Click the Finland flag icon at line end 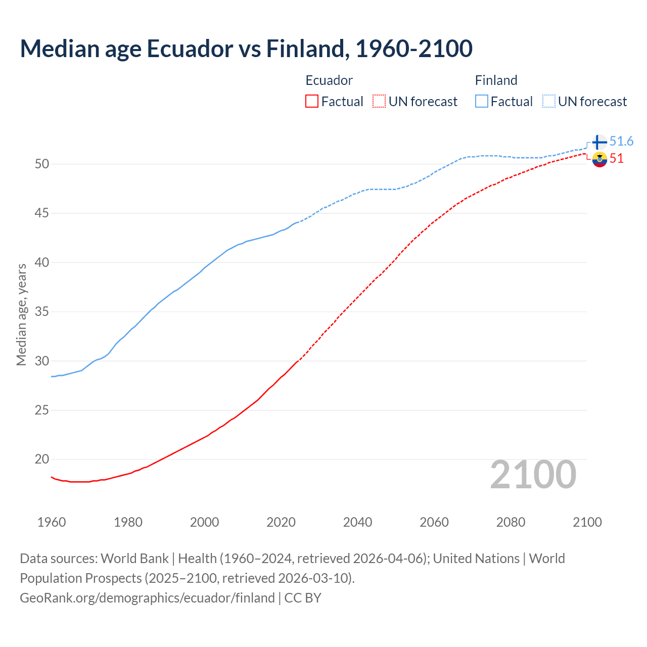coord(599,142)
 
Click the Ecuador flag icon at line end coord(599,159)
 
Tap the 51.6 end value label coord(621,141)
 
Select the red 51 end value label coord(616,158)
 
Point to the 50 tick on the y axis coord(42,164)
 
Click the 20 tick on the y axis coord(42,459)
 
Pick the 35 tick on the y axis coord(42,311)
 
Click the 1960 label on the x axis coord(52,522)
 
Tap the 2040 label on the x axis coord(357,522)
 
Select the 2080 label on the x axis coord(511,522)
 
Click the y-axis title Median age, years coord(21,314)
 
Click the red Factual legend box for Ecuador coord(312,102)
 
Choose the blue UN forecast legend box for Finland coord(549,102)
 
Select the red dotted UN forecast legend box coord(379,102)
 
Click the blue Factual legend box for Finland coord(482,102)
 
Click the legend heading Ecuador coord(329,80)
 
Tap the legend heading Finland coord(496,80)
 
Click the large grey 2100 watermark coord(533,475)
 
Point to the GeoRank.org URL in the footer coord(147,598)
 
